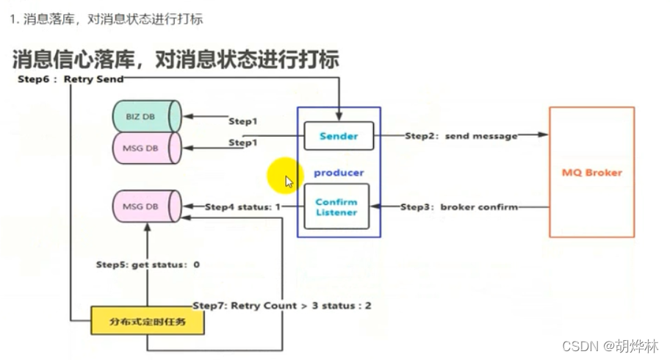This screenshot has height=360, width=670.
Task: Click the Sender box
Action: point(339,136)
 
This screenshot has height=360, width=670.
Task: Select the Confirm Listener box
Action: point(336,207)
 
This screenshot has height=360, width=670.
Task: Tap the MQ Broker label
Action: point(591,173)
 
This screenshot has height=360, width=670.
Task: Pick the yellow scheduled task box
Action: point(147,321)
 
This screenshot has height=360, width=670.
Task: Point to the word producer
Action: point(339,173)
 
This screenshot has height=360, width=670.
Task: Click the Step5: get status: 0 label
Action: point(148,264)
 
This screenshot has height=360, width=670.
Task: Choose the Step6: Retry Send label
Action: point(71,79)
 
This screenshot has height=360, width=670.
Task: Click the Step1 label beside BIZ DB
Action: point(243,121)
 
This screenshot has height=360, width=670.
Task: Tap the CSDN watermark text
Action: point(610,345)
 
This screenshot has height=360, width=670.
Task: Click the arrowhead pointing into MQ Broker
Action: point(544,135)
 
